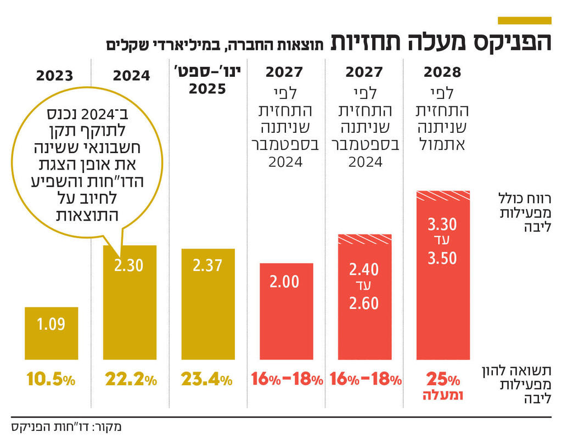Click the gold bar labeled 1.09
click(51, 333)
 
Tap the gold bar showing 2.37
click(208, 303)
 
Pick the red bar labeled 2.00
click(285, 311)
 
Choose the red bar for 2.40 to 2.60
click(363, 296)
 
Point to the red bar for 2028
click(442, 274)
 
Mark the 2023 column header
click(55, 75)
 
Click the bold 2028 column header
click(442, 71)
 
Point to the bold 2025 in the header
click(208, 89)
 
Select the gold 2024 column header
click(132, 75)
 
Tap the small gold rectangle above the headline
click(524, 20)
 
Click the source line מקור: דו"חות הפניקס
click(66, 426)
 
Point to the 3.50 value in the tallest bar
click(442, 258)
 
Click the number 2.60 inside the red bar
click(363, 302)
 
